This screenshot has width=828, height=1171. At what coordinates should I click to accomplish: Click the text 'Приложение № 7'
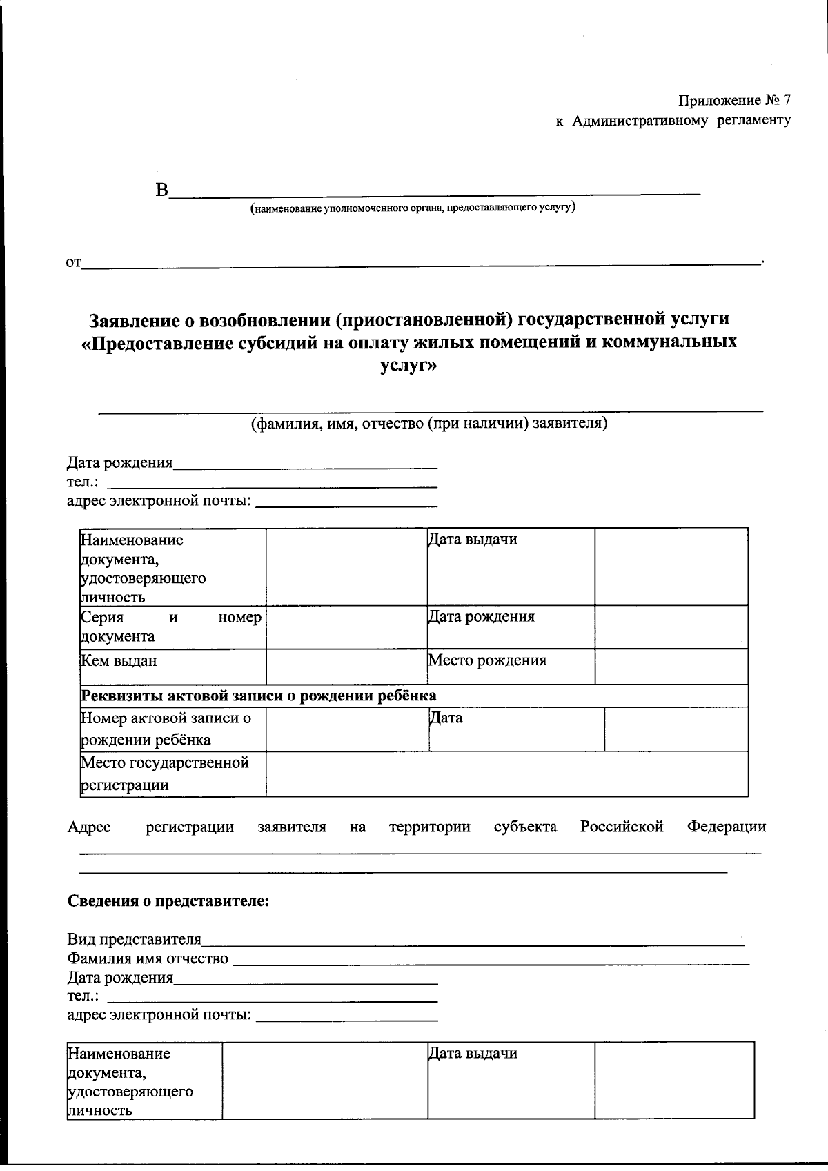tap(734, 100)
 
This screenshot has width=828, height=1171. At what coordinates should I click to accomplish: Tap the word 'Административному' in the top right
tap(640, 121)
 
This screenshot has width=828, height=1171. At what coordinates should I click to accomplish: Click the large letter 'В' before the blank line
tap(162, 190)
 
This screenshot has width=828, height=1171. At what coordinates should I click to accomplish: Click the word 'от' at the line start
tap(73, 262)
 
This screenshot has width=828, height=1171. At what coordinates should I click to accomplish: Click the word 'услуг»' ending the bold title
tap(408, 365)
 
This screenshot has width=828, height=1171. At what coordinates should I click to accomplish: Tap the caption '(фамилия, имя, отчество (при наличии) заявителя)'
tap(428, 423)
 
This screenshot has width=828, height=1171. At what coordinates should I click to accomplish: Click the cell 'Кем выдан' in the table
tap(119, 661)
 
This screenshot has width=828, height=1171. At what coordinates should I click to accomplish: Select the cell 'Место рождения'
tap(487, 660)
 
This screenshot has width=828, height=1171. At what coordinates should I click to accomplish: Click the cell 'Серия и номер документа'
tap(171, 627)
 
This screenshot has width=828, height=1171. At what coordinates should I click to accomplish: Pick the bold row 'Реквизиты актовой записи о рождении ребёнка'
tap(259, 696)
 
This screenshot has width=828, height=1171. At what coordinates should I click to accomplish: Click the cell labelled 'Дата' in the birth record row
tap(446, 718)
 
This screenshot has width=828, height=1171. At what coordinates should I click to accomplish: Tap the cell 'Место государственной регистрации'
tap(164, 774)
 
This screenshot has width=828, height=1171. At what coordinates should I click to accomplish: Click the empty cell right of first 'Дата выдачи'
tap(671, 567)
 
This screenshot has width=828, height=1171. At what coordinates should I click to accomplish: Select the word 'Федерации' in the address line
tap(726, 827)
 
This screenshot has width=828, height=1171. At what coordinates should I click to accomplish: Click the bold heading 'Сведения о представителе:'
tap(168, 901)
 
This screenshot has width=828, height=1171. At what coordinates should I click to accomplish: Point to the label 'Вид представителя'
tap(135, 939)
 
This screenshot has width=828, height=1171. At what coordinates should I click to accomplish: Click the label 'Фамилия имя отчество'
tap(148, 958)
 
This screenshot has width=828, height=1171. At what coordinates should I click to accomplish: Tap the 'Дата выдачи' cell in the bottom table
tap(473, 1054)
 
